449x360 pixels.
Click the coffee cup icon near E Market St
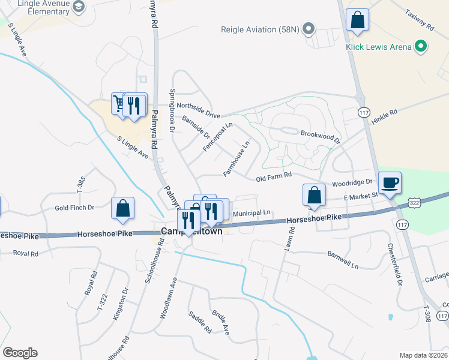(x=390, y=182)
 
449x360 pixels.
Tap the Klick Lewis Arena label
(x=379, y=47)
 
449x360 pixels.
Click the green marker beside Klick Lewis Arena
(x=421, y=46)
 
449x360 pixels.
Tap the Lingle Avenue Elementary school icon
(x=77, y=7)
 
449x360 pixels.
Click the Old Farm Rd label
(x=273, y=177)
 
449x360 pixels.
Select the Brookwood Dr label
(x=320, y=137)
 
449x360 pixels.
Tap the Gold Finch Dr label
(x=74, y=208)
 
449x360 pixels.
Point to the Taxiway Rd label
(x=418, y=19)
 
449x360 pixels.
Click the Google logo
(x=20, y=353)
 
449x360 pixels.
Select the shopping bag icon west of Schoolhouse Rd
(x=122, y=208)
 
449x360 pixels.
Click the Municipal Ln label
(x=252, y=213)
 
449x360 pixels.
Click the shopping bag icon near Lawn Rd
(x=314, y=194)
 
